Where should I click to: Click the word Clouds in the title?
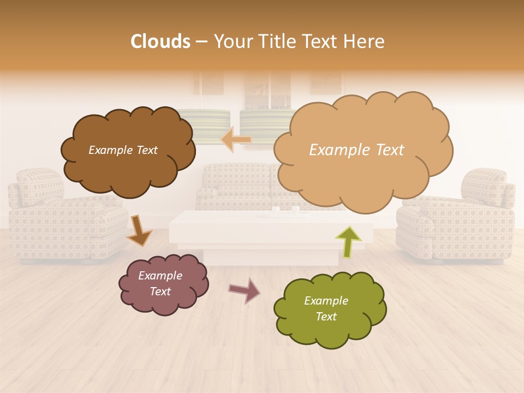click(x=160, y=41)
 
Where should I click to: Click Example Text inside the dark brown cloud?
click(x=123, y=150)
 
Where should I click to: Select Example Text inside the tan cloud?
click(x=356, y=150)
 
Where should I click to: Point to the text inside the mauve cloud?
click(x=160, y=283)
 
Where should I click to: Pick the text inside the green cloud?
click(x=326, y=308)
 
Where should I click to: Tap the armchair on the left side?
click(x=60, y=218)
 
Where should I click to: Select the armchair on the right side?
click(x=461, y=218)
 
